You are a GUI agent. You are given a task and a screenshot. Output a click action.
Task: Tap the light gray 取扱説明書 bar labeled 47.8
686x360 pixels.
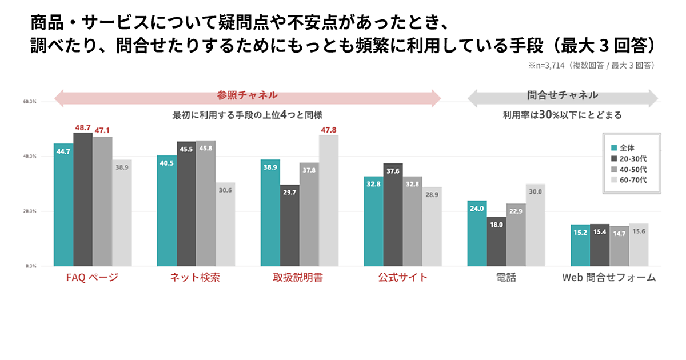tap(329, 200)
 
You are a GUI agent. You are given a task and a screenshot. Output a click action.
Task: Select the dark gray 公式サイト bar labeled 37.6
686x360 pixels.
tap(393, 214)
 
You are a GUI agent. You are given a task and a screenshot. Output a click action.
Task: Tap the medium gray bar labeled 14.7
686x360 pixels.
tap(619, 246)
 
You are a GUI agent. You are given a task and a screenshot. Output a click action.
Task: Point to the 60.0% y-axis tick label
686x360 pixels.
tap(30, 102)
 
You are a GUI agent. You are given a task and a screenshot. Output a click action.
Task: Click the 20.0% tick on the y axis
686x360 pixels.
tap(30, 211)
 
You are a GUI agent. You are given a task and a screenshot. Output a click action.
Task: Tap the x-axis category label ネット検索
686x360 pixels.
tap(195, 278)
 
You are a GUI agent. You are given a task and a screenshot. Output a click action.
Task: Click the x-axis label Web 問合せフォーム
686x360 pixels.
tap(609, 278)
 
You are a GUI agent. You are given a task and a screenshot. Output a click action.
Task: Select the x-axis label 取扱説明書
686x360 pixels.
tap(298, 278)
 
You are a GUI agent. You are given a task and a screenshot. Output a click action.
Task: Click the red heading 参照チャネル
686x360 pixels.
tap(247, 95)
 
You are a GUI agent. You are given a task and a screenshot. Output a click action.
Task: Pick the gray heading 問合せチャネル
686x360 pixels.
tap(563, 95)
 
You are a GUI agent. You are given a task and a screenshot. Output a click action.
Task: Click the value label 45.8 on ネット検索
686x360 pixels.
tap(206, 148)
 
